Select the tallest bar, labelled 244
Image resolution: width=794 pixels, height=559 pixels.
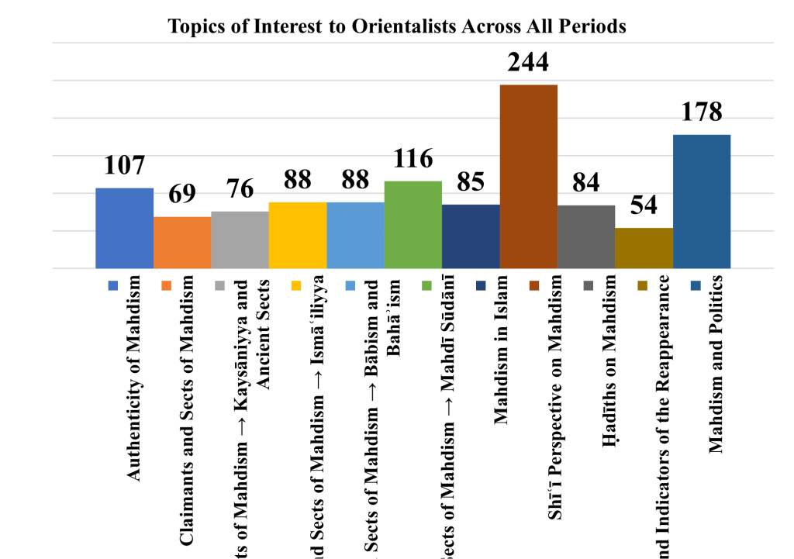tap(529, 176)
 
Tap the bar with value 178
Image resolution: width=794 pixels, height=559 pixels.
tap(702, 202)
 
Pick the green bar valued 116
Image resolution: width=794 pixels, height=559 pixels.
tap(413, 225)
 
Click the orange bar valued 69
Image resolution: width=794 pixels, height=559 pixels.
tap(182, 243)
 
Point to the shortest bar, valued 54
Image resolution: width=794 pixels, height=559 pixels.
tap(644, 248)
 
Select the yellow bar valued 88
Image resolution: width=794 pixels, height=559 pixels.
tap(298, 235)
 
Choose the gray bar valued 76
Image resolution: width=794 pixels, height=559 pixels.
tap(240, 240)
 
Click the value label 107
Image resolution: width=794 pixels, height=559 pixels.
tap(124, 165)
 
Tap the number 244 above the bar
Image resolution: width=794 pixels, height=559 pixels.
tap(529, 61)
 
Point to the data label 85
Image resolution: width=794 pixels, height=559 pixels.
tap(471, 182)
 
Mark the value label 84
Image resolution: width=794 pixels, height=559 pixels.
tap(586, 183)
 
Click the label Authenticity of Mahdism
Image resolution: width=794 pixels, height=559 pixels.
tap(135, 378)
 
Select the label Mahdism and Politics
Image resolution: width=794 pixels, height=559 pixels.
tap(716, 363)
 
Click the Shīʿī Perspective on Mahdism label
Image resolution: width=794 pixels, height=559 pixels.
tap(555, 395)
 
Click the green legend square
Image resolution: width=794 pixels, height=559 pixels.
tap(425, 286)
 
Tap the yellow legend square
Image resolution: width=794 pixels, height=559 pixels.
tap(296, 286)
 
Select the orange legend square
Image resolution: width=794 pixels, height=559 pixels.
tap(167, 286)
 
